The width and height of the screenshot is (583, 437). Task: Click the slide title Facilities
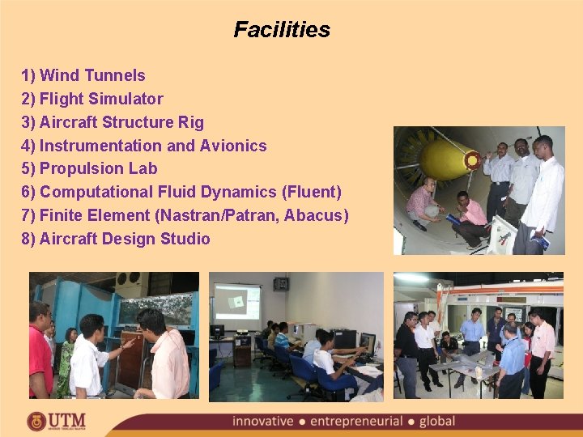click(282, 30)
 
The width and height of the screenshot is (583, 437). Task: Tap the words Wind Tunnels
click(92, 75)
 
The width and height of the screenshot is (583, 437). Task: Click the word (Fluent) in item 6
click(312, 192)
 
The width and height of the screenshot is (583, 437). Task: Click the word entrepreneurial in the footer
click(357, 422)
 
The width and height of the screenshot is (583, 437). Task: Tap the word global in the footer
click(437, 422)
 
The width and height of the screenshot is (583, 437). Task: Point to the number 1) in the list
click(28, 75)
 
